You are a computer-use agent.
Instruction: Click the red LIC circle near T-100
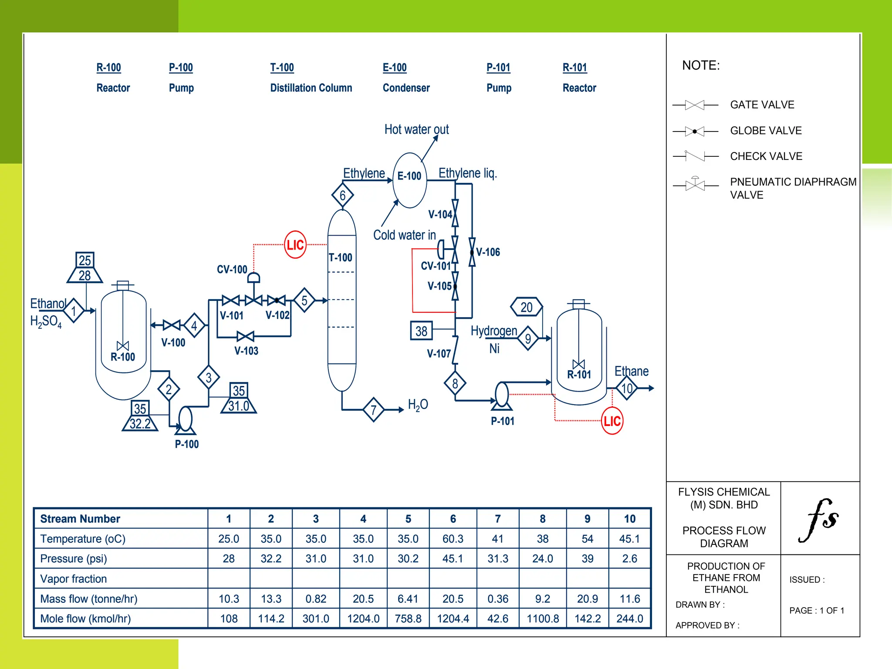coord(295,245)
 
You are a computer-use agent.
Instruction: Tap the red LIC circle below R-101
coord(612,421)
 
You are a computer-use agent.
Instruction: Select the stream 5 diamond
coord(304,300)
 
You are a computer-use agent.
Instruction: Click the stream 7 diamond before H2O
coord(373,409)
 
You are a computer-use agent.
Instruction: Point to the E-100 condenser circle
coord(409,180)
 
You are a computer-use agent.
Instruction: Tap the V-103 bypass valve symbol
coord(246,336)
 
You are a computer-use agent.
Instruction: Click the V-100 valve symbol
coord(172,325)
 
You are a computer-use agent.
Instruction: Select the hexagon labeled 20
coord(527,307)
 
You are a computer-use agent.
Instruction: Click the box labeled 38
coord(421,331)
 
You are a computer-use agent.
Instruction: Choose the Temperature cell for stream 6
coord(453,539)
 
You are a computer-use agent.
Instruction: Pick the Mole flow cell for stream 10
coord(629,618)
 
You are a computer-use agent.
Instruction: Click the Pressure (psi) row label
coord(74,559)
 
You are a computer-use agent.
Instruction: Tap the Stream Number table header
coord(80,519)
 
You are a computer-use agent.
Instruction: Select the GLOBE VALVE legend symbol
coord(695,131)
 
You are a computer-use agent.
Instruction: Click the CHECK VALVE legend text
coord(766,156)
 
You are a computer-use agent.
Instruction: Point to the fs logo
coord(818,520)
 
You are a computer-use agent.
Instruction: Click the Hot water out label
coord(416,129)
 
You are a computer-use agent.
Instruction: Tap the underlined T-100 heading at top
coord(282,68)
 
